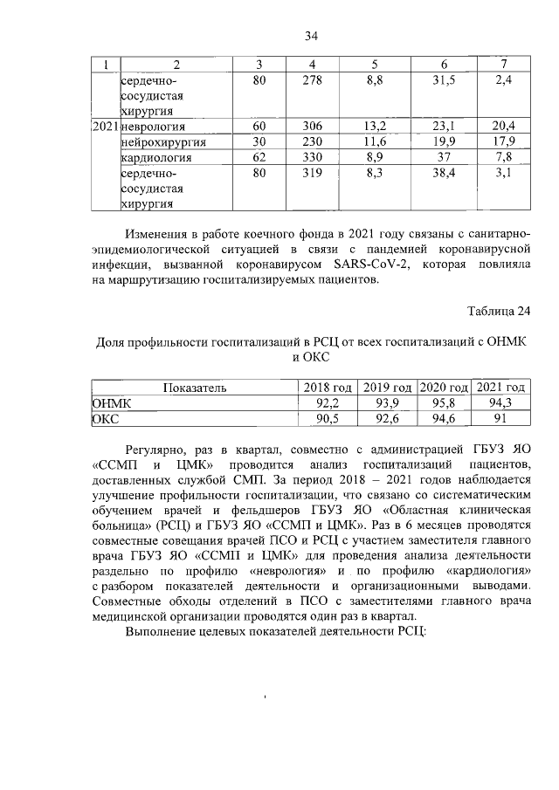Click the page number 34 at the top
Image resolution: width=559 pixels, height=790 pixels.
click(x=310, y=36)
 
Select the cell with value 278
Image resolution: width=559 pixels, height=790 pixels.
click(x=312, y=80)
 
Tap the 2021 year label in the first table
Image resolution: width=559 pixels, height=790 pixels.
click(x=105, y=127)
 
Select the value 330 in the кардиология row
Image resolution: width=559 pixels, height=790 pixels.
click(x=312, y=157)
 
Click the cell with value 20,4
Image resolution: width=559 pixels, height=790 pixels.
click(x=505, y=127)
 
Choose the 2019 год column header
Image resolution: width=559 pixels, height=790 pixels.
click(x=387, y=388)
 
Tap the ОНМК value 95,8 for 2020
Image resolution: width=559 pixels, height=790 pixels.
click(x=444, y=402)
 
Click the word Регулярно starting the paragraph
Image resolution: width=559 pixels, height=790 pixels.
click(x=154, y=446)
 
